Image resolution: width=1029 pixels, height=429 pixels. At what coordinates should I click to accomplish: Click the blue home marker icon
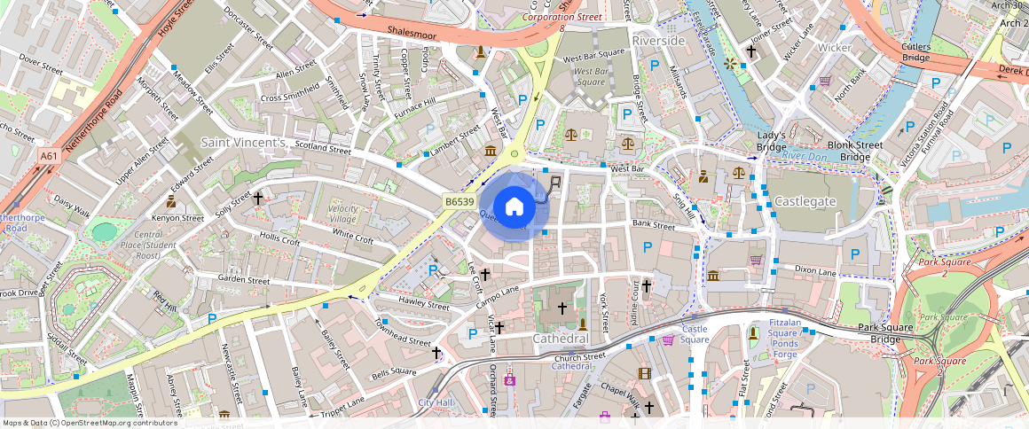point(514,207)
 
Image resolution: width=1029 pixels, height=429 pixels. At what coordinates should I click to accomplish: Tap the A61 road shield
point(50,156)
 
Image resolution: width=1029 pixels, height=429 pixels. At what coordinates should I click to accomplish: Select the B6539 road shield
point(459,202)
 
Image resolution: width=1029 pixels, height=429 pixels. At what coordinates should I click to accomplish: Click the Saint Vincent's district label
point(243,142)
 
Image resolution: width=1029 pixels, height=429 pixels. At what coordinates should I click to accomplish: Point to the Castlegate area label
point(805,201)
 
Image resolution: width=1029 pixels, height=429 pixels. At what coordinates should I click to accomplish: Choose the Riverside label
point(658,41)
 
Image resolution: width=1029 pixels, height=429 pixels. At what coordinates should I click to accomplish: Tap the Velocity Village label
point(343,213)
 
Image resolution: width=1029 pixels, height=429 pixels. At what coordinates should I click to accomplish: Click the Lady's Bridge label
point(772,140)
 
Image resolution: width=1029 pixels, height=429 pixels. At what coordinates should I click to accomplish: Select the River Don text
point(804,155)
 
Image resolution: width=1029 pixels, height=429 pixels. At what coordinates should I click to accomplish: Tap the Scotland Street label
point(323,149)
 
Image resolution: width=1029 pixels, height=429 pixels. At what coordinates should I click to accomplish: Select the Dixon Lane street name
point(815,269)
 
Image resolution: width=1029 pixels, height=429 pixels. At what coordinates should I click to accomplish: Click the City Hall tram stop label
point(436,402)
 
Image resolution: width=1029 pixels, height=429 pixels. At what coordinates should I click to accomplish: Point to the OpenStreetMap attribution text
point(90,423)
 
